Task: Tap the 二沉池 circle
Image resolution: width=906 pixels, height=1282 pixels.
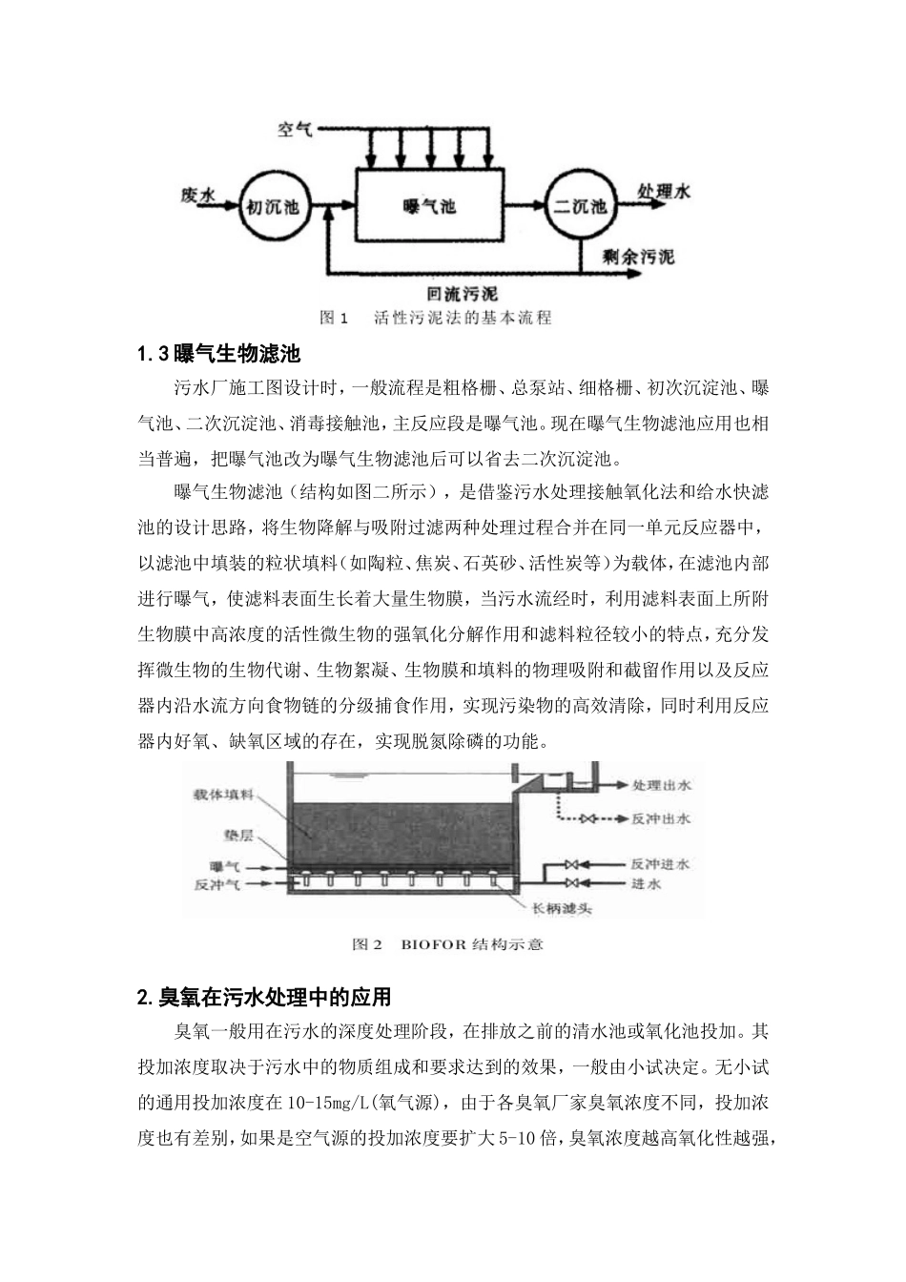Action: tap(580, 206)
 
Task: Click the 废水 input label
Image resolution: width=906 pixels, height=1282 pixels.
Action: tap(196, 195)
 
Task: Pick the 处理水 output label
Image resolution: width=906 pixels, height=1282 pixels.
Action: tap(664, 191)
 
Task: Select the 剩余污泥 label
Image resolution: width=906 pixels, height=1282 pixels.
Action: tap(638, 257)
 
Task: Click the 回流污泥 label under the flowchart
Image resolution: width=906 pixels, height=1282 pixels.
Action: tap(463, 294)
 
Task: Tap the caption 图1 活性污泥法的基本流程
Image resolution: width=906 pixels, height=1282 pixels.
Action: tap(435, 318)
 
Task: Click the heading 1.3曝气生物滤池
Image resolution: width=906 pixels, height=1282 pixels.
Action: tap(219, 355)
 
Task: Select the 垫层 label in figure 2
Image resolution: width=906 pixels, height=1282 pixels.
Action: tap(237, 835)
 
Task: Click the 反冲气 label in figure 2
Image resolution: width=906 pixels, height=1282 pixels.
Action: tap(218, 883)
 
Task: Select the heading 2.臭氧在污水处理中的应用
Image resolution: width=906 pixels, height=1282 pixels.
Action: tap(264, 998)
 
